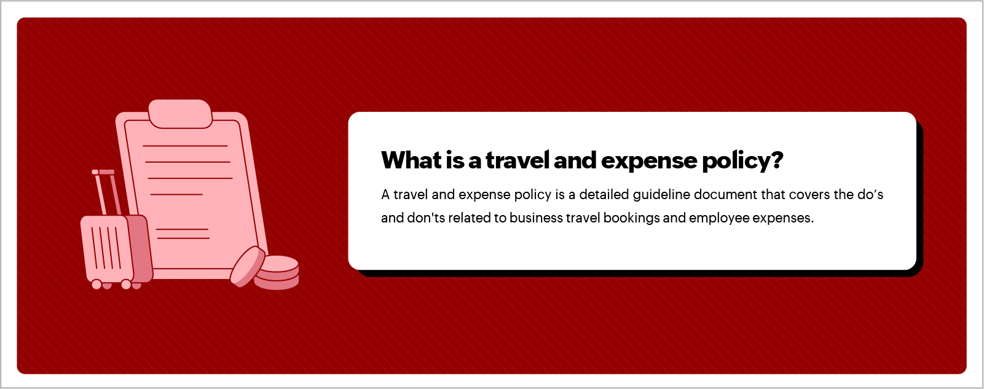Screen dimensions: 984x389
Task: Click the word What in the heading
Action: coord(411,160)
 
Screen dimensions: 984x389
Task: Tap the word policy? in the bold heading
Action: coord(742,161)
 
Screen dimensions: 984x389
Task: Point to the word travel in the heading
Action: coord(517,160)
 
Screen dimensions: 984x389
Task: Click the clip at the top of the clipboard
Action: coord(180,114)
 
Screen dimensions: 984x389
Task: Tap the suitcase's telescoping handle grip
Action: coord(103,172)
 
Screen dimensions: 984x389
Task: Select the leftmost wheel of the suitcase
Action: coord(96,285)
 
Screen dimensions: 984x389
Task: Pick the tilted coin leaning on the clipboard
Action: coord(247,267)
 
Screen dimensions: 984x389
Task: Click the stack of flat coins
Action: coord(277,273)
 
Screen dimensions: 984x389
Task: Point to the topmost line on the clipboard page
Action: coord(185,146)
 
